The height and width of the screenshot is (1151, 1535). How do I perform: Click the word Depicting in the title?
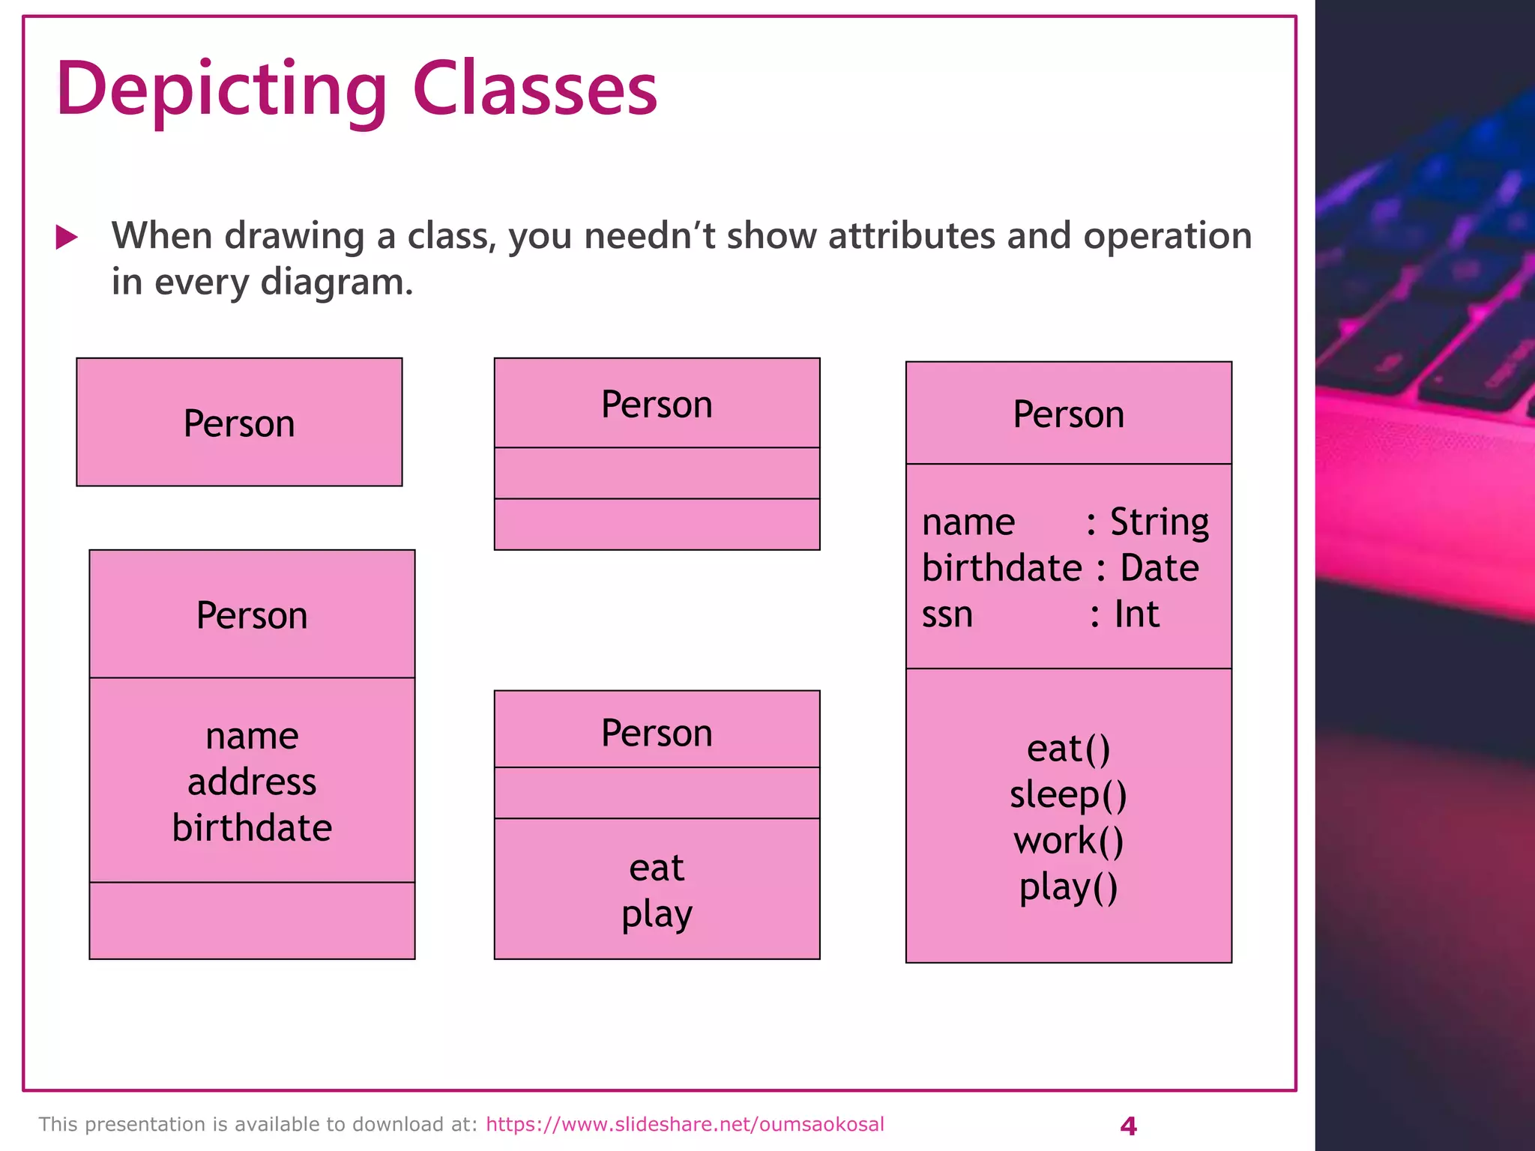[221, 90]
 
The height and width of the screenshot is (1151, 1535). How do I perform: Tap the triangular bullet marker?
[67, 238]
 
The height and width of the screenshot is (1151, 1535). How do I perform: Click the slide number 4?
[1127, 1126]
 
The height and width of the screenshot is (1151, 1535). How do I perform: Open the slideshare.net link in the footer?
[684, 1124]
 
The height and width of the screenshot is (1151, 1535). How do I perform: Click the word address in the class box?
[252, 782]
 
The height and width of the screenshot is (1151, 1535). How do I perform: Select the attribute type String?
[1159, 522]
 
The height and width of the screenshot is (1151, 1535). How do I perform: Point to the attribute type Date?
[1159, 568]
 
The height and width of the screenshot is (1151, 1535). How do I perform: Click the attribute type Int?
[1136, 614]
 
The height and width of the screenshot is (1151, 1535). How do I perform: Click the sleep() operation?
[1068, 794]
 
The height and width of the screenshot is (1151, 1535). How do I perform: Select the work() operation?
[1068, 841]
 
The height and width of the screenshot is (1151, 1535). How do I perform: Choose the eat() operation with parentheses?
[1068, 749]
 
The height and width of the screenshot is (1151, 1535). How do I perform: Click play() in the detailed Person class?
[1068, 888]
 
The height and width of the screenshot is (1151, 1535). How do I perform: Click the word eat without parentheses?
[657, 868]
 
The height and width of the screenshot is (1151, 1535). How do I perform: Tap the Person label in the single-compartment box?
[239, 423]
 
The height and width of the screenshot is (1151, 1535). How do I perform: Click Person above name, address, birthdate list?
[252, 615]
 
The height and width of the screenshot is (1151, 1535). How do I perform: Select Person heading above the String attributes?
[1068, 414]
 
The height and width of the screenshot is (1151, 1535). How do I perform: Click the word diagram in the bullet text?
[336, 283]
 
